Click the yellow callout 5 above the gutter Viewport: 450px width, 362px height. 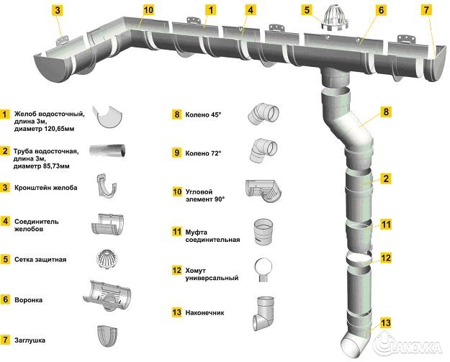pyautogui.click(x=307, y=10)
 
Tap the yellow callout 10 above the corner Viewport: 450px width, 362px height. pyautogui.click(x=148, y=10)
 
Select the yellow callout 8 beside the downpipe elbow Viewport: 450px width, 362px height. pyautogui.click(x=387, y=112)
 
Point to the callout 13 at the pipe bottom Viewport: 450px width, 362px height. pyautogui.click(x=387, y=322)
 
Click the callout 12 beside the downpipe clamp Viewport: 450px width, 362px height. pyautogui.click(x=387, y=258)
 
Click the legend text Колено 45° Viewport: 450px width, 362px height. pyautogui.click(x=204, y=114)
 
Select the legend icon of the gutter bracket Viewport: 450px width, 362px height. pyautogui.click(x=109, y=186)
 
